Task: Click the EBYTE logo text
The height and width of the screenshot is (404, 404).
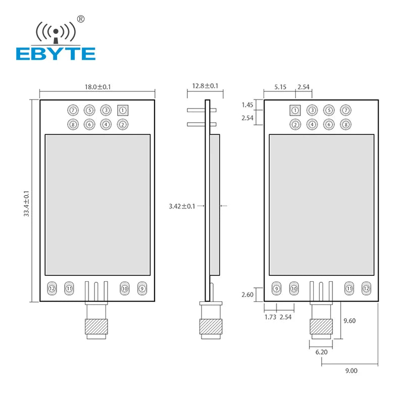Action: (56, 54)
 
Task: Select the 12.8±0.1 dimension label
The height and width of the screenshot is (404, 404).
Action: (206, 86)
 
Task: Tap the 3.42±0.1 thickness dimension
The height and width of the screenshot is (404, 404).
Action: (182, 206)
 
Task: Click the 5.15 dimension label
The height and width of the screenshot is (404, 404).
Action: (280, 87)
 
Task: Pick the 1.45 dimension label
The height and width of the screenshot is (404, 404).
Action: (247, 105)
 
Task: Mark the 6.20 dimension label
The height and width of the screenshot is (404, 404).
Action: (322, 352)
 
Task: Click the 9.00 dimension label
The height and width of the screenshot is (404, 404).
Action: (351, 370)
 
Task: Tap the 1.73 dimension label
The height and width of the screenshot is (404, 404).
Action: (271, 317)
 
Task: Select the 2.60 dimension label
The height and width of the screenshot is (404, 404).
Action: (247, 294)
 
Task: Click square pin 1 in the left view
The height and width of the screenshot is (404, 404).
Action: (122, 110)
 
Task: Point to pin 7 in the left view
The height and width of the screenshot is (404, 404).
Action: (73, 110)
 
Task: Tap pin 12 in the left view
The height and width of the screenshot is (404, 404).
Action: (52, 288)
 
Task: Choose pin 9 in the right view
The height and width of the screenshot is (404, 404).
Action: (276, 288)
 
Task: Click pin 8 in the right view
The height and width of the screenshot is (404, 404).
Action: (345, 124)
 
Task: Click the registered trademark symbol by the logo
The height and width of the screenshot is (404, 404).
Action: (80, 19)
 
